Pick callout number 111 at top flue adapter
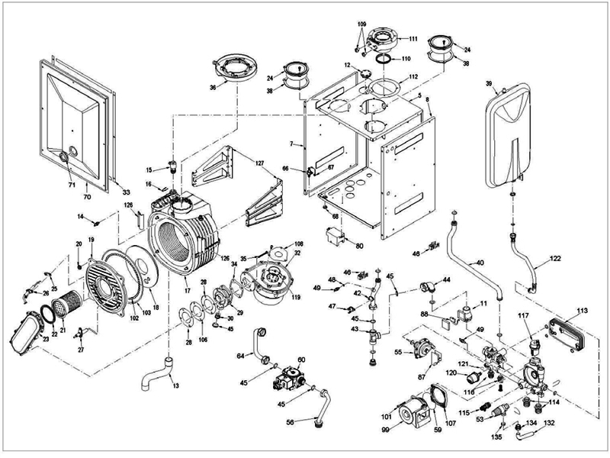(413, 39)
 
